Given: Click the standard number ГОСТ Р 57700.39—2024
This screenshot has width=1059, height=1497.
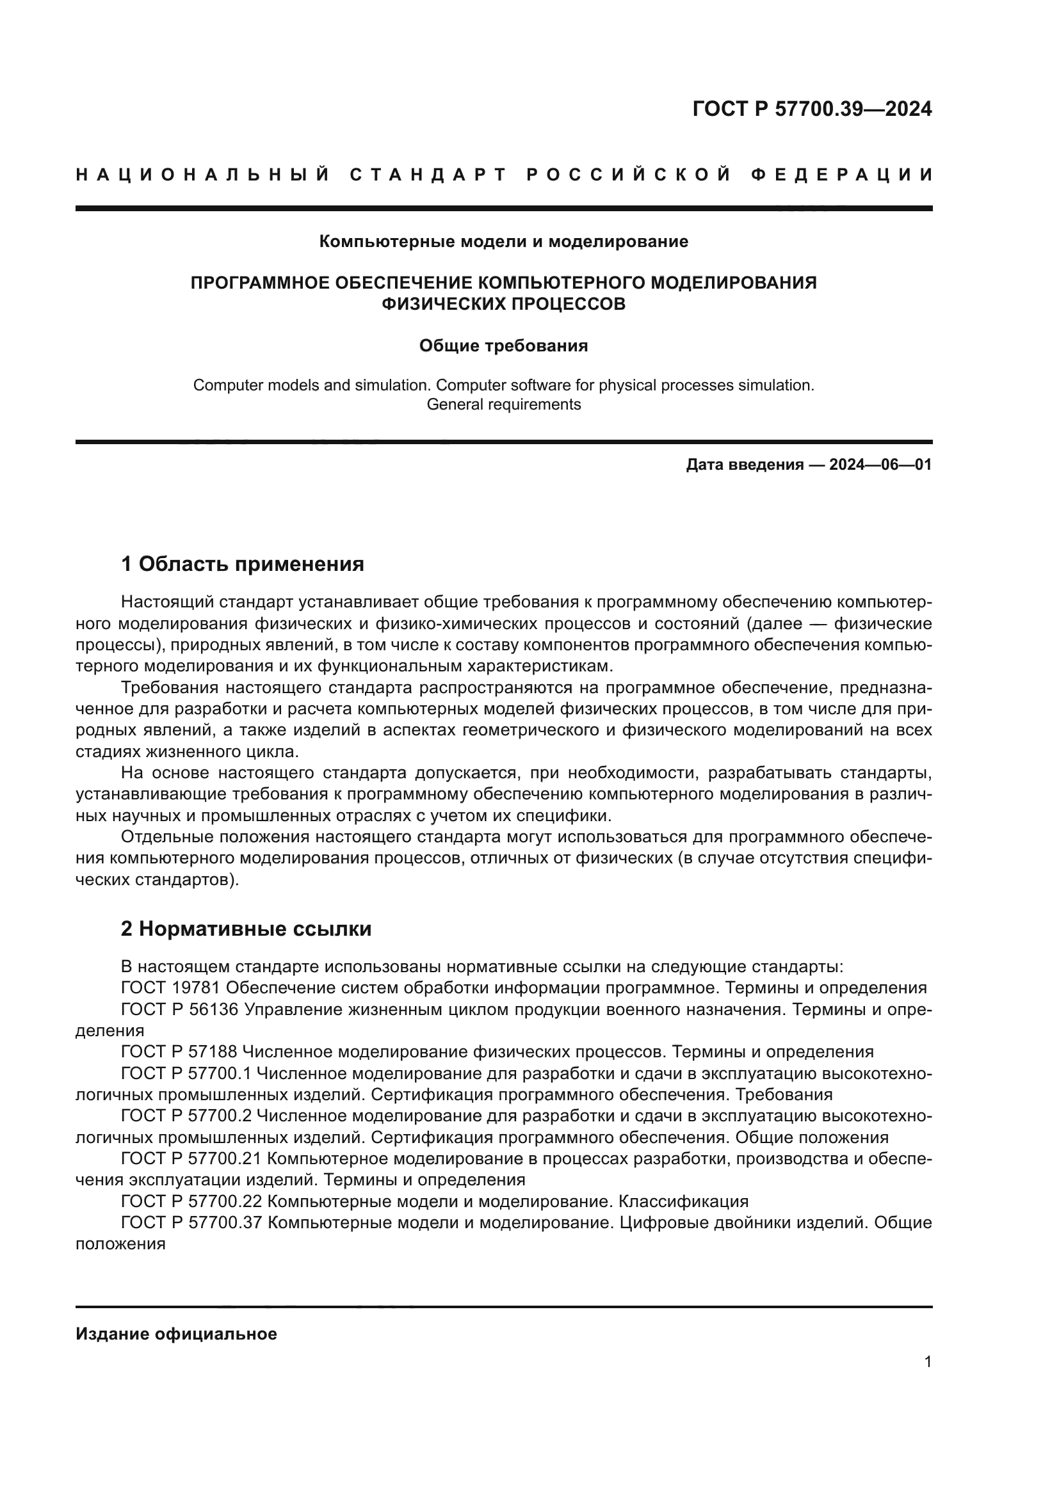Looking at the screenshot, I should [x=812, y=109].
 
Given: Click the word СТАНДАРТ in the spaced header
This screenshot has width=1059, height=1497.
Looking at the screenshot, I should [x=428, y=175].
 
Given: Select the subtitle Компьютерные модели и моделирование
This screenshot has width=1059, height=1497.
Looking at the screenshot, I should [x=503, y=242].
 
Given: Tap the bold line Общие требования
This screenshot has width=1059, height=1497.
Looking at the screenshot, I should [x=503, y=346].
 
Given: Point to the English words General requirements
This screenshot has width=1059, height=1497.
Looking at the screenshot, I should [x=503, y=404].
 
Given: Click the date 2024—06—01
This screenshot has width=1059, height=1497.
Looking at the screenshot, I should [x=880, y=465].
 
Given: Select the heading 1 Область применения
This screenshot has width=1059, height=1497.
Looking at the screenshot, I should [x=243, y=563].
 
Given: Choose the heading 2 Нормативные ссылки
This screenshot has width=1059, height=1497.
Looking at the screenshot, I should [x=246, y=929].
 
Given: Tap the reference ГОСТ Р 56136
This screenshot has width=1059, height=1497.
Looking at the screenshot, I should [x=181, y=1009].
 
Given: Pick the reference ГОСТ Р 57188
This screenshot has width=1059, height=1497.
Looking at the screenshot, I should [x=181, y=1052].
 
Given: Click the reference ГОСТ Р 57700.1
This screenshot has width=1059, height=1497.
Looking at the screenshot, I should [x=186, y=1073].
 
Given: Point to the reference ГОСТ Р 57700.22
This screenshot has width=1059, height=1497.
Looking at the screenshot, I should [x=191, y=1201].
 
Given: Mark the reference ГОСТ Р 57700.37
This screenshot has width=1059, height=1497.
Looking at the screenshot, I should [x=191, y=1222].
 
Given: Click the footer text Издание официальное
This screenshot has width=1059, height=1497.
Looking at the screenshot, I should [x=176, y=1334].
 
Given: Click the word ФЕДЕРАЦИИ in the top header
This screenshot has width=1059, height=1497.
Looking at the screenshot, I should [x=842, y=175].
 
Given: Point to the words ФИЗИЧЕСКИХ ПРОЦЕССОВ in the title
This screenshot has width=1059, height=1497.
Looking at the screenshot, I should [x=503, y=304].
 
